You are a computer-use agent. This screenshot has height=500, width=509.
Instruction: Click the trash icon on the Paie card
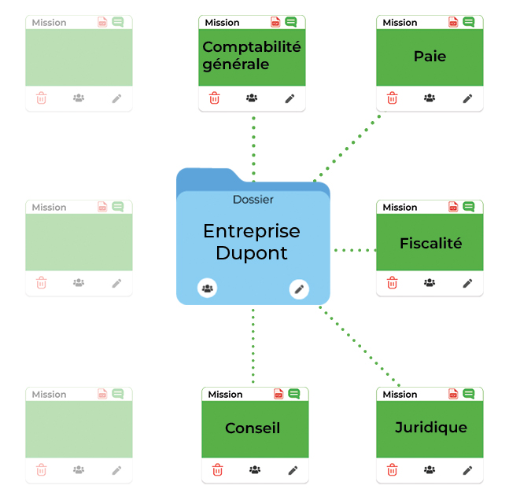coord(393,98)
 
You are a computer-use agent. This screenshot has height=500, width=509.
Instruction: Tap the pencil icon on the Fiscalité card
coord(467,283)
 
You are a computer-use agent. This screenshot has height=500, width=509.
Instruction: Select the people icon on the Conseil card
coord(255,470)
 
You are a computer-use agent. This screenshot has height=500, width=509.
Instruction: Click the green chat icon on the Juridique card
coord(469,393)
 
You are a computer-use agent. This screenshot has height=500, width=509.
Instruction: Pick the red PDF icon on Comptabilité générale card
coord(275,22)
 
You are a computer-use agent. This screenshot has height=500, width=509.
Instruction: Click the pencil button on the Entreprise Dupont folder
coord(299,289)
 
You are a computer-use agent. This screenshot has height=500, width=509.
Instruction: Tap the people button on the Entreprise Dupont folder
coord(207,289)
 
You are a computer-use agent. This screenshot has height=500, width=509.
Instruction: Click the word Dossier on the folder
coord(253,200)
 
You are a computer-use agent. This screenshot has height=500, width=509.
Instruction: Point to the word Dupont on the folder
coord(252,253)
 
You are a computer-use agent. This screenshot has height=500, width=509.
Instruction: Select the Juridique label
coord(430,428)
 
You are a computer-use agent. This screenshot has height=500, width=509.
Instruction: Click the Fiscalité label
coord(430,243)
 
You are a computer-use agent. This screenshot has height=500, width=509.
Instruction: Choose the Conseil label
coord(253,428)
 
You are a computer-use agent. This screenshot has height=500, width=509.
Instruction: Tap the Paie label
coord(430,57)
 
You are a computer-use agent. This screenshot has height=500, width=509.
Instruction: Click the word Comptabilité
coord(252,47)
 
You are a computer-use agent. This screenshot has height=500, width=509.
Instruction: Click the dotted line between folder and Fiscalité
coord(354,250)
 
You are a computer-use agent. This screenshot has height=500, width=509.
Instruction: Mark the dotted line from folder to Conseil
coord(253,346)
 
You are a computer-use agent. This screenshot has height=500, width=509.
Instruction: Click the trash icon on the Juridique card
coord(393,470)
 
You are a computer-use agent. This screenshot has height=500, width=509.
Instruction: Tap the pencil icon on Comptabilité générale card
coord(290,98)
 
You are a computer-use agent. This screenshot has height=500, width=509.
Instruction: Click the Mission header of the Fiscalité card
coord(400,207)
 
